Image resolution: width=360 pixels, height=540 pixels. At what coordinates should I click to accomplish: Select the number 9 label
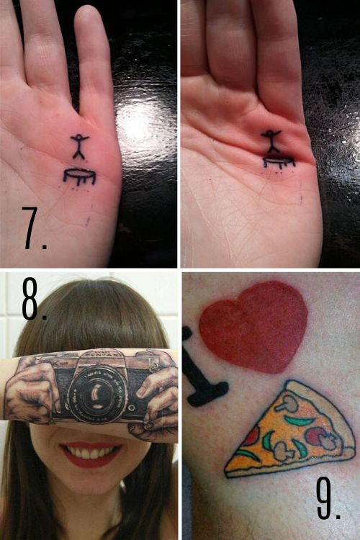click(328, 496)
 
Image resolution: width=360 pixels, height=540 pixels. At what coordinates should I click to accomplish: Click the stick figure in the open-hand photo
click(78, 147)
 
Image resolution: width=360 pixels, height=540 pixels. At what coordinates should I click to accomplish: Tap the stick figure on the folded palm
click(271, 141)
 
